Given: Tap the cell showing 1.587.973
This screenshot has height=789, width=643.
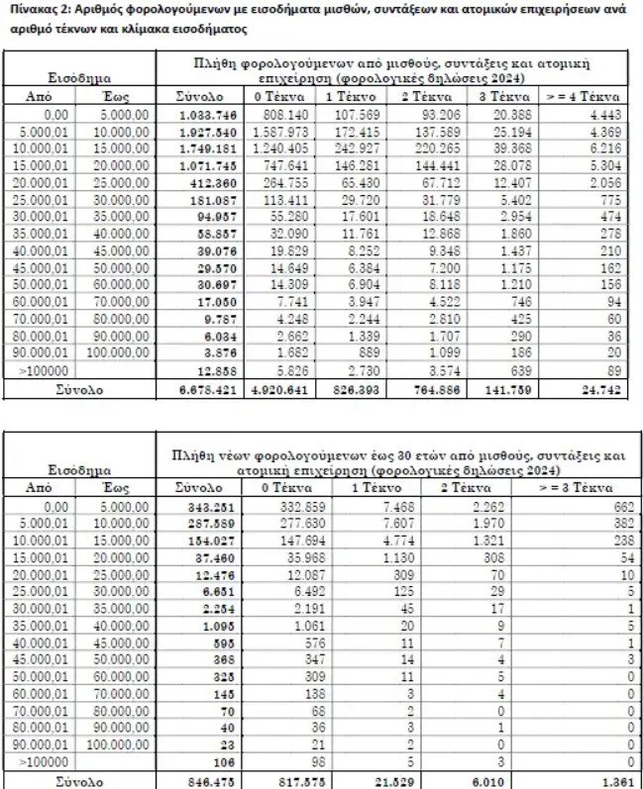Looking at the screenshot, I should (x=278, y=131).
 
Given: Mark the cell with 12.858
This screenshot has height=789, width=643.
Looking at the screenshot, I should (x=215, y=370).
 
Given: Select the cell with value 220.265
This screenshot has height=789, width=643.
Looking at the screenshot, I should (x=431, y=148).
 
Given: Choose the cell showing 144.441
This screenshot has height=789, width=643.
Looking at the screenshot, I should (x=431, y=165).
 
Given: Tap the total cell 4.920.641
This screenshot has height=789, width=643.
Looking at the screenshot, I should (x=277, y=390).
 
